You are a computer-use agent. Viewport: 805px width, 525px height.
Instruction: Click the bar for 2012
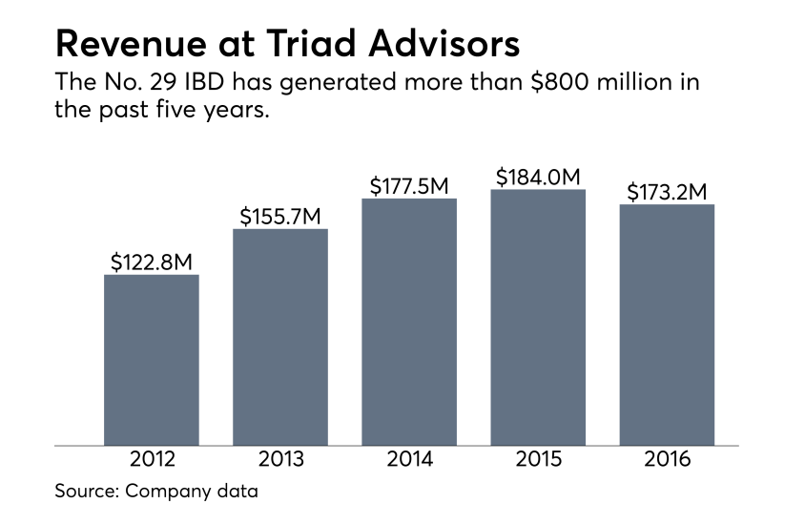[151, 360]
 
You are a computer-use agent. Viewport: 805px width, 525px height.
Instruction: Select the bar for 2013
[280, 337]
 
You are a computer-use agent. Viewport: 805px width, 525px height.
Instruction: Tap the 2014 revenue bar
[409, 322]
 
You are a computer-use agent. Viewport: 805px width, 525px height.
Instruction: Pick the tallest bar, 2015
[538, 317]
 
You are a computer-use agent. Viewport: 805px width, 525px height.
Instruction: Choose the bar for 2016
[667, 325]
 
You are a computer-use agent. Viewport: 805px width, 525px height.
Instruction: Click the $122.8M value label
[151, 260]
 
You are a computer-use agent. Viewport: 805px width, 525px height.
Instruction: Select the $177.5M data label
[409, 184]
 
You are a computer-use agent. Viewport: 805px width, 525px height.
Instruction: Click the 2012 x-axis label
[151, 459]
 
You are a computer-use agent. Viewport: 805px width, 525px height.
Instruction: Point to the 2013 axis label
[280, 459]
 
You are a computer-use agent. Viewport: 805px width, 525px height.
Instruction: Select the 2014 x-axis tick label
[409, 459]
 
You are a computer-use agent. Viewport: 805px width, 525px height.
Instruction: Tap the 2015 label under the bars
[538, 459]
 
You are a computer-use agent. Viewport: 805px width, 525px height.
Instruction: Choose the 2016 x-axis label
[667, 459]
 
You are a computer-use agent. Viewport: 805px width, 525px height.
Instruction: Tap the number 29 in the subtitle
[159, 82]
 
